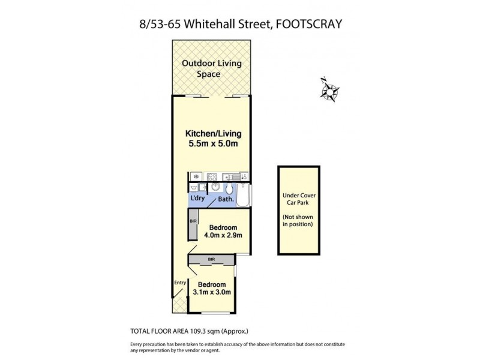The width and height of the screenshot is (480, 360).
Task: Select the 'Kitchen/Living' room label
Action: click(x=211, y=133)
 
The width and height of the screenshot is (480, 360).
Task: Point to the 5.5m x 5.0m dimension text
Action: click(x=211, y=144)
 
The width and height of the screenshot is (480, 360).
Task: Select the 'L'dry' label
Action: click(x=197, y=199)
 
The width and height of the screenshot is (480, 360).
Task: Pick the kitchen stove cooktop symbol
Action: click(x=211, y=176)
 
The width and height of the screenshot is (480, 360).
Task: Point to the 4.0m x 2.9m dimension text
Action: click(x=223, y=236)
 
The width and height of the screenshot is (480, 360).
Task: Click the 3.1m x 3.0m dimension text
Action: click(x=212, y=292)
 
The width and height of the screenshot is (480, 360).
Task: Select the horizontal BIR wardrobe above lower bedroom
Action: click(x=211, y=259)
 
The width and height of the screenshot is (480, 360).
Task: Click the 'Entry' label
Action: click(x=179, y=283)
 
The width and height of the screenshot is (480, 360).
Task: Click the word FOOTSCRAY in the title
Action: click(x=311, y=25)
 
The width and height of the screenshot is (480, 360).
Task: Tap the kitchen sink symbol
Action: click(x=230, y=176)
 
